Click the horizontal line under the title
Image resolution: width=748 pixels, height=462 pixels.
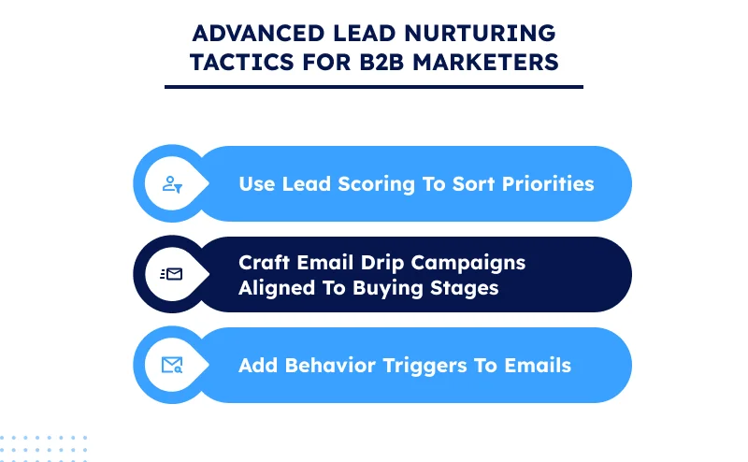point(373,87)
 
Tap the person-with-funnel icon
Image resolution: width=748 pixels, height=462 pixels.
point(172,184)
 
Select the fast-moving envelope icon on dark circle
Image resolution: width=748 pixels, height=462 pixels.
point(172,274)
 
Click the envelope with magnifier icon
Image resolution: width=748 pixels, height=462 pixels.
point(172,365)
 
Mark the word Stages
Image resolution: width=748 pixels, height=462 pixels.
point(464,287)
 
